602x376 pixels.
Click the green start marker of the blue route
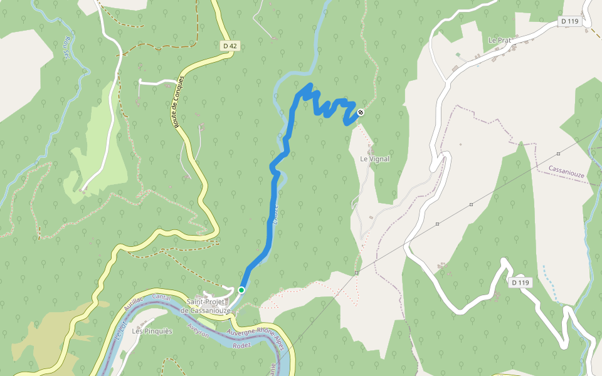tap(241, 290)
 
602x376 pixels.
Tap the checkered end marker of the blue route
tap(360, 113)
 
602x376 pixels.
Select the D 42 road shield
tap(230, 46)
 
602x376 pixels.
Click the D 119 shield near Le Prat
tap(569, 21)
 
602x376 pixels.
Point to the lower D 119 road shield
tap(520, 283)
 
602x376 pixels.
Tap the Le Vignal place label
tap(374, 159)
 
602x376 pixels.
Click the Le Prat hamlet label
tap(500, 40)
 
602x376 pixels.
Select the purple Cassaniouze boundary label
tap(566, 171)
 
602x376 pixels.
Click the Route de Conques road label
tap(179, 103)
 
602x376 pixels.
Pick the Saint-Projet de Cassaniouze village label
tap(206, 306)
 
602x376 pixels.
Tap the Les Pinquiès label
tap(152, 331)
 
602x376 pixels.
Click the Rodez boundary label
tap(241, 345)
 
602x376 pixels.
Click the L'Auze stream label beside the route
tap(274, 214)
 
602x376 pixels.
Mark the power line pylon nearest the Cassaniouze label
tap(557, 153)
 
